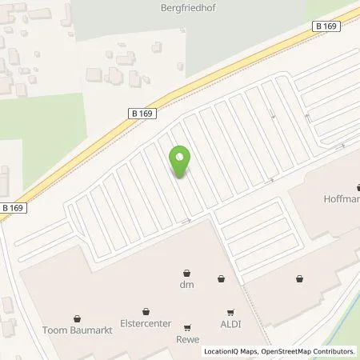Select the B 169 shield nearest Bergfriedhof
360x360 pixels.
click(x=322, y=26)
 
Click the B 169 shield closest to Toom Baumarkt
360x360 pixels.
click(x=13, y=207)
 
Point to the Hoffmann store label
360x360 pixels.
click(x=341, y=198)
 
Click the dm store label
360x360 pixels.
click(x=187, y=283)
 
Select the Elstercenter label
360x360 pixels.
click(x=146, y=324)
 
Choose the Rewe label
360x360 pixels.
click(x=187, y=338)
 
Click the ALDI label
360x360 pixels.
click(x=230, y=325)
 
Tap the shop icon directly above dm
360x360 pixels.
click(x=187, y=272)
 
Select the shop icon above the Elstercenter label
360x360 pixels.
click(x=146, y=311)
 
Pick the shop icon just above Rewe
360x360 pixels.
click(x=187, y=326)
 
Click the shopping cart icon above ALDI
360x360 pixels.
click(x=230, y=312)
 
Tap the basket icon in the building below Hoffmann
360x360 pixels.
click(x=299, y=278)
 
